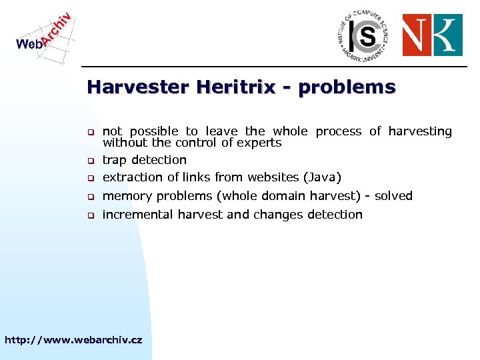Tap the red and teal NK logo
432,35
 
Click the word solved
393,196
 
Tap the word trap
115,160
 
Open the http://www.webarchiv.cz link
73,340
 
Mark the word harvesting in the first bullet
420,132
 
